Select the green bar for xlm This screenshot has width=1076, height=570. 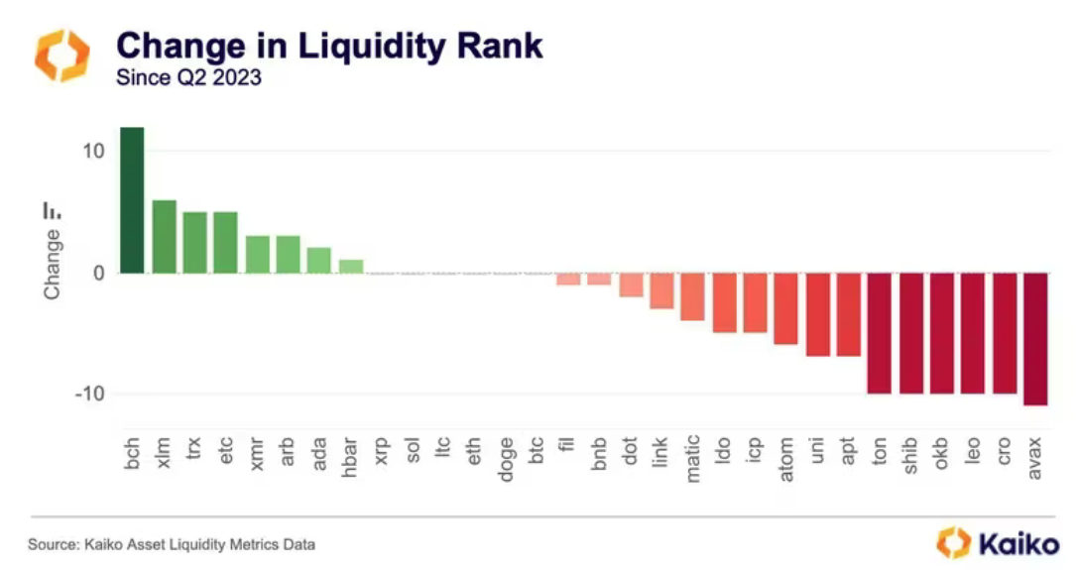[x=165, y=236]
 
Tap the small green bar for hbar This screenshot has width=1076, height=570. [x=351, y=266]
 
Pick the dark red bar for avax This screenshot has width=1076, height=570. [x=1035, y=339]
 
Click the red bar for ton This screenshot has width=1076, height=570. [x=880, y=333]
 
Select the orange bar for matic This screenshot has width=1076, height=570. [x=692, y=296]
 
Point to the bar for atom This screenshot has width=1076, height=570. [x=785, y=308]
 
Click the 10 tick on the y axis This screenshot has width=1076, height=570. [x=94, y=151]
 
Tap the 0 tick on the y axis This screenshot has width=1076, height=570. [x=99, y=273]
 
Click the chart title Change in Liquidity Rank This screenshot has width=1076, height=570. [x=329, y=46]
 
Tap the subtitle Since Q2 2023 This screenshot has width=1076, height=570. [x=188, y=76]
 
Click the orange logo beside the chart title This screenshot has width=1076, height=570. [x=62, y=56]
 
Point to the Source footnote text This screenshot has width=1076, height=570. [x=172, y=544]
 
